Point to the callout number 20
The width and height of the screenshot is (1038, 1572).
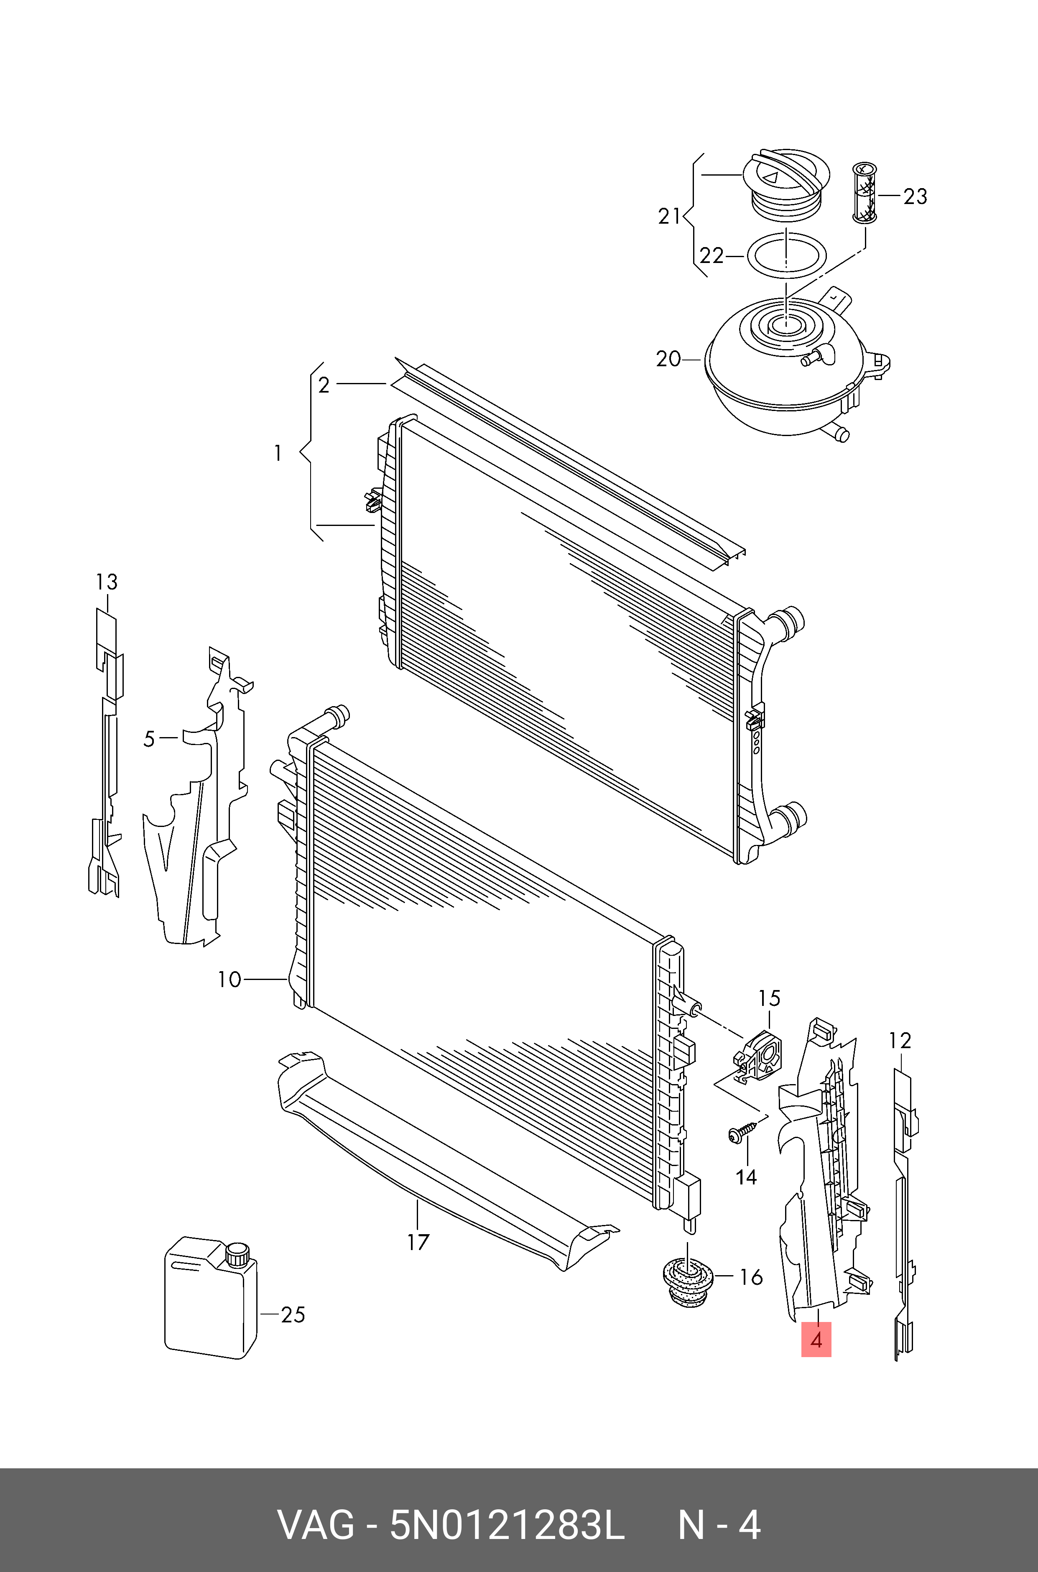click(668, 360)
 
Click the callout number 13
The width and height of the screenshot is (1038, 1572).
click(107, 582)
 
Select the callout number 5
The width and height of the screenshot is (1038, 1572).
click(149, 739)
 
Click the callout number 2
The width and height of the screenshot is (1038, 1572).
click(324, 385)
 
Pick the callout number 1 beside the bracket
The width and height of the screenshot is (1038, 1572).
click(278, 453)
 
